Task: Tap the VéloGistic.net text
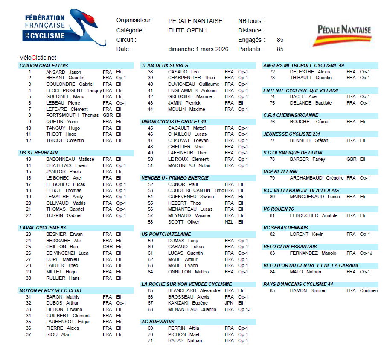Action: pos(38,58)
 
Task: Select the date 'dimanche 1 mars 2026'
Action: pos(198,49)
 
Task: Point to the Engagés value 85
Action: pos(280,40)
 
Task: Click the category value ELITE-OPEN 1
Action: pos(188,30)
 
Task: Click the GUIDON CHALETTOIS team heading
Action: pos(44,66)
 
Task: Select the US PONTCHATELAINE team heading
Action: pos(166,234)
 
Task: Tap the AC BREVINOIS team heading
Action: pos(158,322)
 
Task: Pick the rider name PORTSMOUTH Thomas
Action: pos(73,115)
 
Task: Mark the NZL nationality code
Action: pos(229,222)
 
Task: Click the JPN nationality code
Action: pos(229,303)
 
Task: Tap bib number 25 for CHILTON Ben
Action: pos(29,247)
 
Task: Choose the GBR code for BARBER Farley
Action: pos(351,159)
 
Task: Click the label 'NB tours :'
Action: pos(251,21)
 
